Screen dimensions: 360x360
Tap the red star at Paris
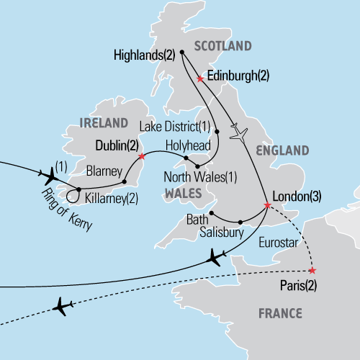(311, 270)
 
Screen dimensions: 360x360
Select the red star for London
(267, 206)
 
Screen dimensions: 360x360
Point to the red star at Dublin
(142, 156)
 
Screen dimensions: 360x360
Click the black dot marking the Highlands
(182, 52)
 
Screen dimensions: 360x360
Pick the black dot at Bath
(211, 213)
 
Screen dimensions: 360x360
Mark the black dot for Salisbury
(240, 222)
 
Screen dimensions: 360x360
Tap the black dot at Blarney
(125, 181)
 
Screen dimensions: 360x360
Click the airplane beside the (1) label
(50, 175)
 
